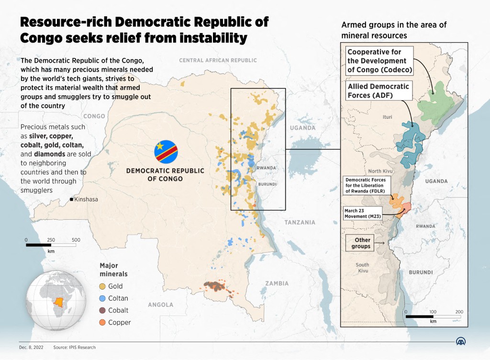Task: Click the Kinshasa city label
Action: (87, 199)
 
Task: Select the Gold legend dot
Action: (102, 286)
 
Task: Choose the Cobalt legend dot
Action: (102, 310)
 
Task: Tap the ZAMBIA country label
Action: (278, 283)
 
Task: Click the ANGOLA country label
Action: (160, 304)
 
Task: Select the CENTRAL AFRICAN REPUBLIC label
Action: (218, 61)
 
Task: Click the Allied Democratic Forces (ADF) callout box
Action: (378, 90)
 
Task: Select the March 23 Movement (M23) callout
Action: (362, 213)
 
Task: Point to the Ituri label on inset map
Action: (387, 117)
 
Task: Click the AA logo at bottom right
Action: (460, 341)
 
